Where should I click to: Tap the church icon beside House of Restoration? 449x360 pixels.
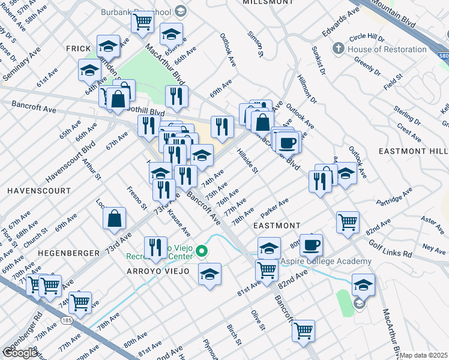click(339, 49)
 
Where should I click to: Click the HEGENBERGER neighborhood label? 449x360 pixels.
click(68, 253)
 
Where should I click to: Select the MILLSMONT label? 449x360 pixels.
click(267, 2)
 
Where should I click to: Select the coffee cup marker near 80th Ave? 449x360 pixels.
click(311, 245)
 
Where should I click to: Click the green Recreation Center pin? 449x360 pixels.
click(203, 252)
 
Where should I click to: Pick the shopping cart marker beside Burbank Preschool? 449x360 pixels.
click(143, 22)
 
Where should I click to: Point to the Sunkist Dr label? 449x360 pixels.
click(318, 60)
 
